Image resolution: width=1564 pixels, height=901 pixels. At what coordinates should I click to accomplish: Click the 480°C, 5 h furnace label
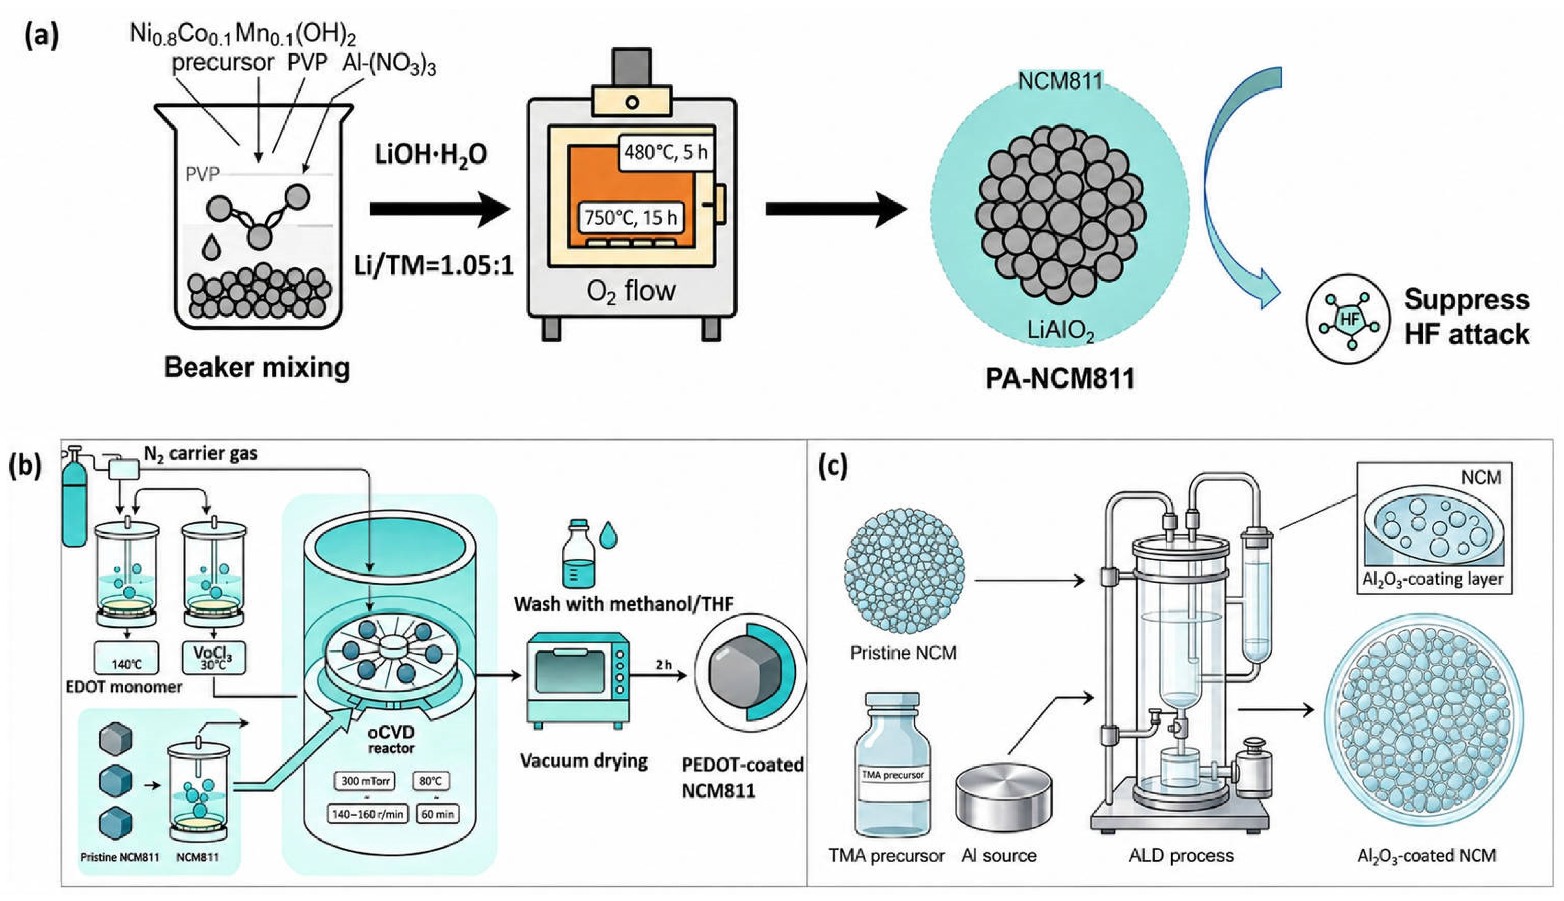tap(665, 152)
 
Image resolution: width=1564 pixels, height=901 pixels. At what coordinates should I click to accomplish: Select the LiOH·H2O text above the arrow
tap(430, 155)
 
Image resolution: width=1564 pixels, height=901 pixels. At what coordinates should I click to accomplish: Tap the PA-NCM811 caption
tap(1060, 379)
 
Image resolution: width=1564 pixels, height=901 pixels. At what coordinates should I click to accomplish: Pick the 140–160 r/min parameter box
tap(367, 814)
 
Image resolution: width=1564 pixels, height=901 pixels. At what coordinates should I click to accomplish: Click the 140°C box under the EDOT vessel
tap(126, 658)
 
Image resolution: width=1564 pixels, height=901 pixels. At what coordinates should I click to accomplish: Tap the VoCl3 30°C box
tap(213, 658)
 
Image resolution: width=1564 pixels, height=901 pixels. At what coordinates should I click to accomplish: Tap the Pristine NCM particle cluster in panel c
tap(904, 570)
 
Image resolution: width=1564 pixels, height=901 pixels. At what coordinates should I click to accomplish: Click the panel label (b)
tap(25, 466)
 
